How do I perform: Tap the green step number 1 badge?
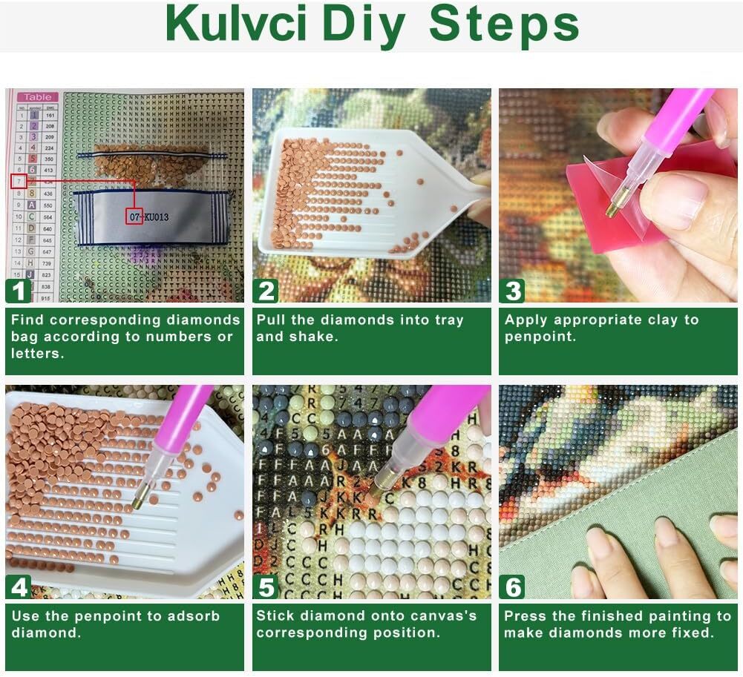[x=19, y=291]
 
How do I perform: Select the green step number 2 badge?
[x=266, y=291]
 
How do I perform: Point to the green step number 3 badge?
[x=513, y=291]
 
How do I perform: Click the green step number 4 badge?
[x=19, y=587]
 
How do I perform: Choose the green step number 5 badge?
[x=266, y=587]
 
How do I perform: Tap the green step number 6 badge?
[x=513, y=587]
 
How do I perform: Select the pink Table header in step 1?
[x=37, y=96]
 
